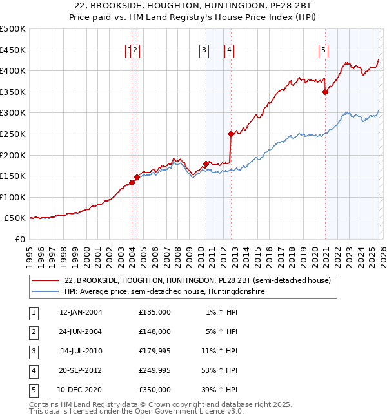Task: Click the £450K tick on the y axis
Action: [13, 50]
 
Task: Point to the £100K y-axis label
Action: [13, 197]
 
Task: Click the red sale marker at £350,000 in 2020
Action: [325, 92]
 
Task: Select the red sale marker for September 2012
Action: [231, 134]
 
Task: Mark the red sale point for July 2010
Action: [206, 163]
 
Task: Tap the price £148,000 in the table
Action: [155, 331]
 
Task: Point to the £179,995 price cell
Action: [155, 351]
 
